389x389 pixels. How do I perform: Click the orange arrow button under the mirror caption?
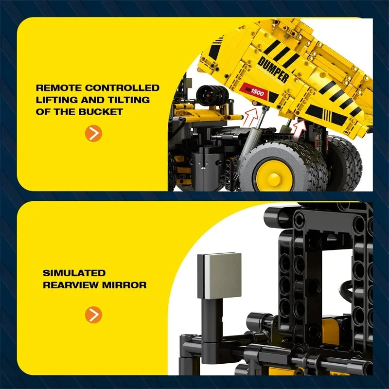(x=94, y=315)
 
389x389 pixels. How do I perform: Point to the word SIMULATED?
(x=74, y=273)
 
